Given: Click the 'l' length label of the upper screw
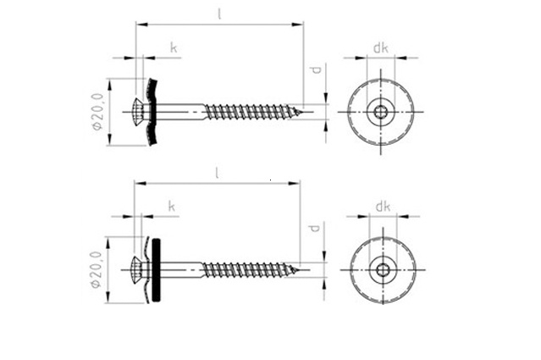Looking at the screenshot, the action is tap(219, 14).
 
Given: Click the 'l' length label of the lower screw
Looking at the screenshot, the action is tap(217, 173).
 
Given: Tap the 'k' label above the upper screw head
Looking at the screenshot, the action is tap(174, 47).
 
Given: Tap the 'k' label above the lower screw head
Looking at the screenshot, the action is tap(172, 206).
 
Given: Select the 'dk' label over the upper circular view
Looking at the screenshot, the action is tap(381, 48).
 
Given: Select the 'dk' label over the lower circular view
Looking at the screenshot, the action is tap(383, 207).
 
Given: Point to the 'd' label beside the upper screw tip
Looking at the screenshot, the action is tap(315, 70).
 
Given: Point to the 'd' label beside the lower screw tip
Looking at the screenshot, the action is tap(313, 228).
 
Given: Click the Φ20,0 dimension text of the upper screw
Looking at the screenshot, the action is tap(97, 111).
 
